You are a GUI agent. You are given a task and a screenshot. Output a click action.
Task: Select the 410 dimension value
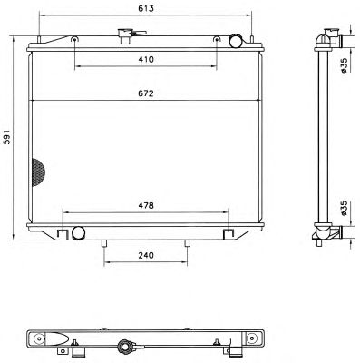click(146, 59)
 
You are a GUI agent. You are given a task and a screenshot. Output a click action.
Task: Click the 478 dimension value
click(145, 204)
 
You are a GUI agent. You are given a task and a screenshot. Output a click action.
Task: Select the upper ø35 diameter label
click(345, 65)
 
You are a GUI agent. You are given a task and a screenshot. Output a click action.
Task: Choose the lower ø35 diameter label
click(345, 210)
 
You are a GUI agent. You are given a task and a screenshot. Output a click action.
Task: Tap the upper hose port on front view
click(237, 41)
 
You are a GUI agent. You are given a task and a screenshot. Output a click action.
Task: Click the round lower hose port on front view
click(78, 233)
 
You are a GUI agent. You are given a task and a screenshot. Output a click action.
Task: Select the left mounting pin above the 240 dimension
click(105, 243)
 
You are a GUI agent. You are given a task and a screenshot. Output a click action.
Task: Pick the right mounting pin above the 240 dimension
click(187, 243)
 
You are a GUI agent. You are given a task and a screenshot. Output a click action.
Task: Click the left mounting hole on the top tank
click(74, 40)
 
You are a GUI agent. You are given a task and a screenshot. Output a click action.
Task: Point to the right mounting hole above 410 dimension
click(216, 40)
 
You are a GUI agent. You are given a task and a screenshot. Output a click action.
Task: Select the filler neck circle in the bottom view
click(124, 347)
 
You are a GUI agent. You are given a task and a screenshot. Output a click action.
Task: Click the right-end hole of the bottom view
click(246, 338)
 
